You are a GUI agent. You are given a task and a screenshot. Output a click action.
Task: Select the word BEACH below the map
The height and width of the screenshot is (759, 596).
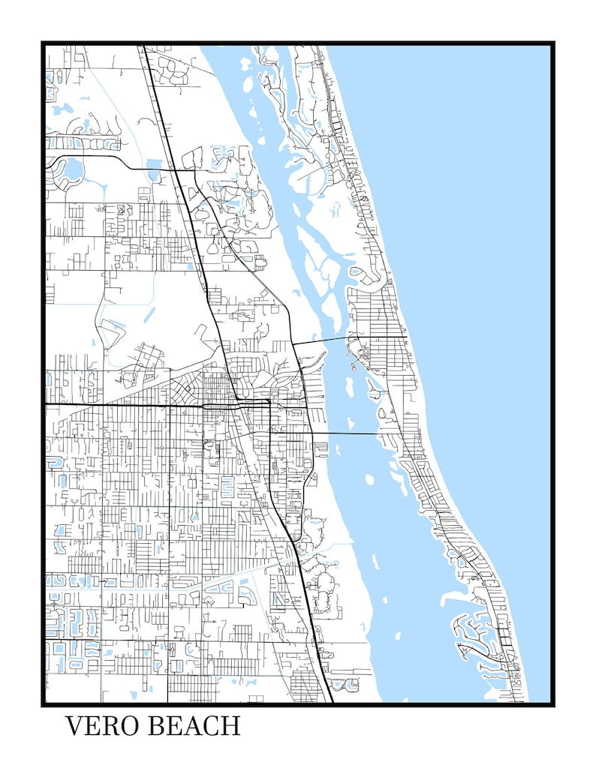point(194,726)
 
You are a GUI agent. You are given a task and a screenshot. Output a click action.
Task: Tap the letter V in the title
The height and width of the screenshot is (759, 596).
point(74,726)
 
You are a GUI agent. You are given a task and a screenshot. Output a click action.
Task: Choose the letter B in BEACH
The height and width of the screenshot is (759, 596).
point(156,726)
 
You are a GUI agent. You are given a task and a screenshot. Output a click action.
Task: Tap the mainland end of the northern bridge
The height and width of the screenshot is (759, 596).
point(293,344)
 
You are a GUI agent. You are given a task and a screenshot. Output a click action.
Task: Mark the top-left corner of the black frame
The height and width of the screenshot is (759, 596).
point(43,43)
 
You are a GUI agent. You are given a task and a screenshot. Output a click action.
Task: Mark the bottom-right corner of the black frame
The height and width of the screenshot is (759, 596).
point(553,704)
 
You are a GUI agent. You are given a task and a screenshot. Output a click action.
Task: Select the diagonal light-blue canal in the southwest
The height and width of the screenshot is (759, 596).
point(225,578)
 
